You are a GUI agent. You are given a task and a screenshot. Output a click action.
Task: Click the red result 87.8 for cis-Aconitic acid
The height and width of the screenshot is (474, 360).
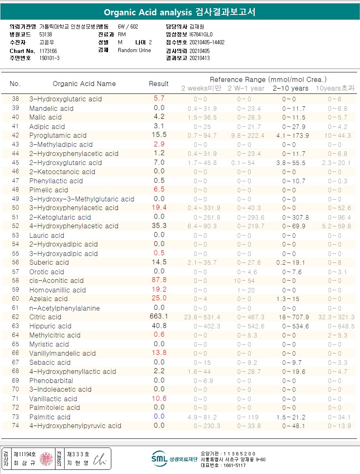[x=159, y=280]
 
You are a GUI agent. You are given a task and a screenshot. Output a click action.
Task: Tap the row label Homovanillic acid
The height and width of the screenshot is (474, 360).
[x=58, y=290]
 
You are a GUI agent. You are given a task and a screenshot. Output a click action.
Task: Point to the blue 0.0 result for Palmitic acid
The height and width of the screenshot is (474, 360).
[x=159, y=417]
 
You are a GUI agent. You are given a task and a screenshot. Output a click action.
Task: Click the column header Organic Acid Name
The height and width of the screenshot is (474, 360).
[x=84, y=84]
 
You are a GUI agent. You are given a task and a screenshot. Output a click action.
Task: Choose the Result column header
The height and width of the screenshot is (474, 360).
[x=158, y=84]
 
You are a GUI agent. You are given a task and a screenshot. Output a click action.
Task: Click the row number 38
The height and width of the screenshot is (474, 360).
[x=15, y=99]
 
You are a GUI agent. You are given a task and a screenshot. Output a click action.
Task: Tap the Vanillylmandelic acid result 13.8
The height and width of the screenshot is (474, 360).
[x=159, y=353]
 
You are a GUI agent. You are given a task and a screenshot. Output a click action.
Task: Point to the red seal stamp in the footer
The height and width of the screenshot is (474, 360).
[x=46, y=458]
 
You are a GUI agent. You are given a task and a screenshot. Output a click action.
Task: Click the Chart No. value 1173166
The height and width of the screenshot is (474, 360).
[x=48, y=50]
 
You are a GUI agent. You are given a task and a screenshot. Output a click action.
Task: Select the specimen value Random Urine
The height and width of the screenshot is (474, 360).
[x=134, y=50]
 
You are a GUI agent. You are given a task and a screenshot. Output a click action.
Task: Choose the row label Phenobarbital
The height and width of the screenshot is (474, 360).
[x=51, y=381]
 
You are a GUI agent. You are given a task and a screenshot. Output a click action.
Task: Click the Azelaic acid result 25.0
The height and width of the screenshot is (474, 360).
[x=159, y=298]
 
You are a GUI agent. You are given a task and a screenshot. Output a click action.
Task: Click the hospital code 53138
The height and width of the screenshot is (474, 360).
[x=46, y=35]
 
